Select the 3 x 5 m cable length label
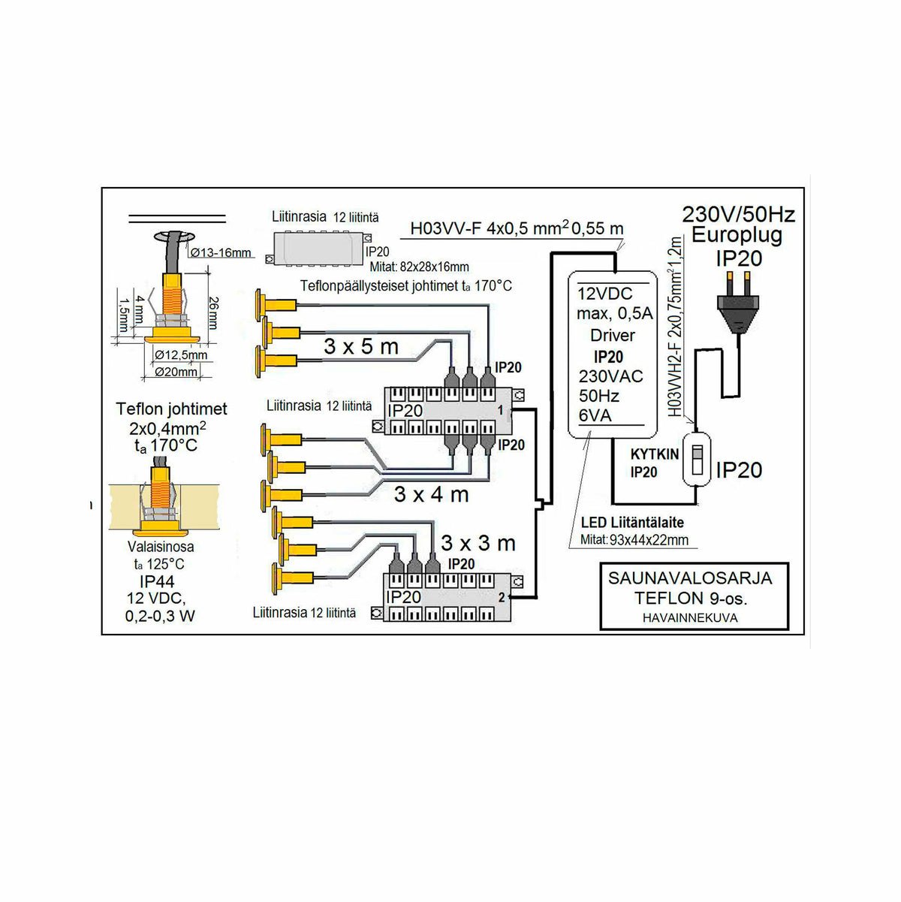point(361,346)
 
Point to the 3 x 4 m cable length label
point(431,494)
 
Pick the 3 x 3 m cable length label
point(478,542)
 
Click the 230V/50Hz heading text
point(738,214)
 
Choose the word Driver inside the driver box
point(612,335)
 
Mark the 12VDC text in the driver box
point(605,294)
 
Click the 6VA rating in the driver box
point(595,415)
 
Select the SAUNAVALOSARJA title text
point(690,578)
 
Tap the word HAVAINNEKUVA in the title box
point(690,618)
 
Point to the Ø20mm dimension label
point(176,372)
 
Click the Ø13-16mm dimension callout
point(221,252)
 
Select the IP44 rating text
point(157,582)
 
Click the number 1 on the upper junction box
point(501,411)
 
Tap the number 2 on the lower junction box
point(502,598)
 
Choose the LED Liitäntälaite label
point(632,523)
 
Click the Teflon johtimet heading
point(171,409)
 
